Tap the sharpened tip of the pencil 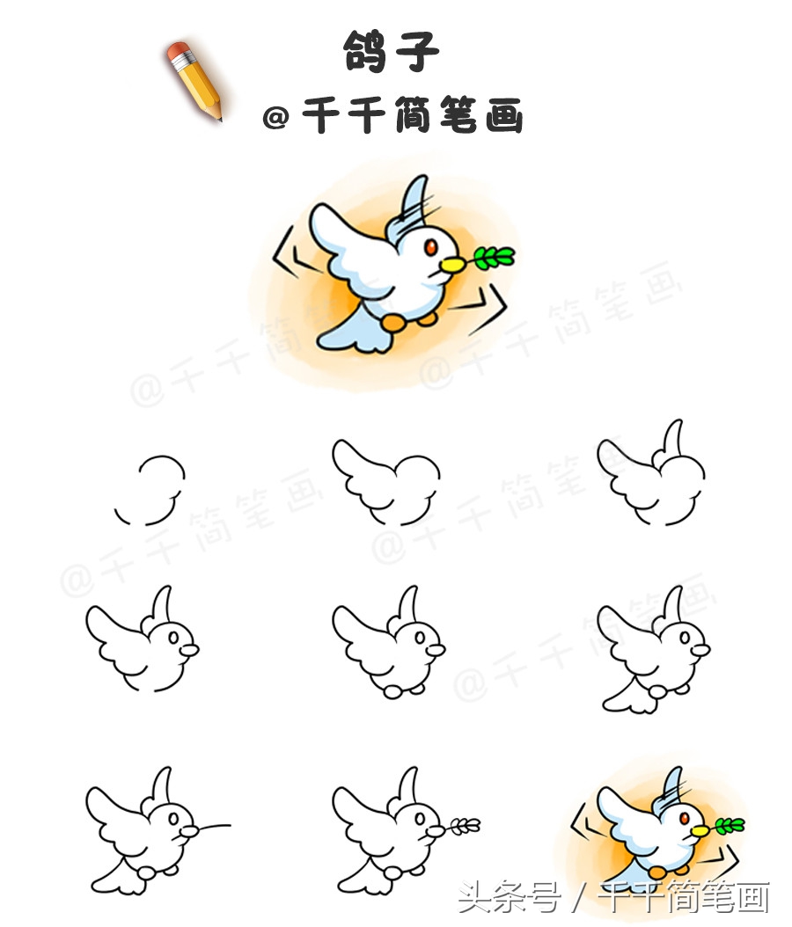pyautogui.click(x=219, y=116)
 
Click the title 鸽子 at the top pyautogui.click(x=391, y=52)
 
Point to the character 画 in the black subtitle pyautogui.click(x=502, y=115)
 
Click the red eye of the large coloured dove pyautogui.click(x=429, y=249)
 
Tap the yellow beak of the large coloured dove pyautogui.click(x=451, y=262)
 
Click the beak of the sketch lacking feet pyautogui.click(x=189, y=650)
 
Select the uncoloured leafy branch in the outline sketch pyautogui.click(x=464, y=825)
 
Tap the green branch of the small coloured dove pyautogui.click(x=728, y=825)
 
